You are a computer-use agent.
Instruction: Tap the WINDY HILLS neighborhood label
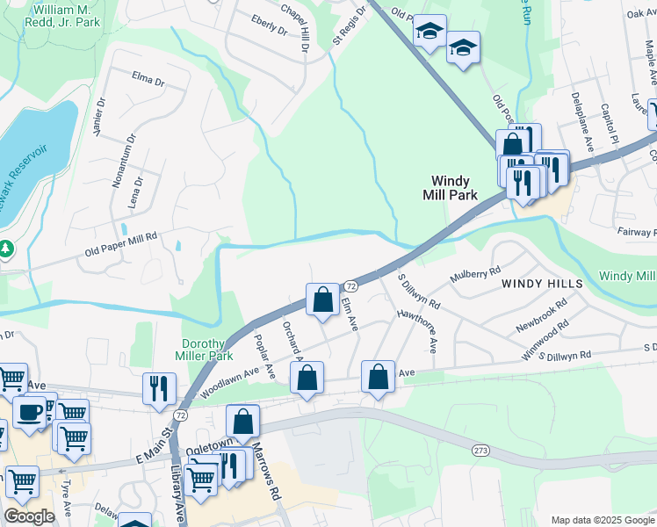pyautogui.click(x=542, y=285)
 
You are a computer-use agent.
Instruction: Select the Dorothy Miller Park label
pyautogui.click(x=207, y=350)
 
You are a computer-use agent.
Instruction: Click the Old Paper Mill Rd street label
pyautogui.click(x=120, y=237)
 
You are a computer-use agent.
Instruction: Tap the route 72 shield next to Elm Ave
pyautogui.click(x=350, y=286)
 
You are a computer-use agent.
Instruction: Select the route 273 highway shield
pyautogui.click(x=480, y=450)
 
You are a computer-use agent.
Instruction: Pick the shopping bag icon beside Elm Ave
pyautogui.click(x=323, y=300)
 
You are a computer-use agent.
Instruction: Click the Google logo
pyautogui.click(x=29, y=516)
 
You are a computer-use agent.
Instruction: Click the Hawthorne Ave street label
pyautogui.click(x=417, y=328)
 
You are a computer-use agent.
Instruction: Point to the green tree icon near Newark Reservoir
pyautogui.click(x=5, y=249)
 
